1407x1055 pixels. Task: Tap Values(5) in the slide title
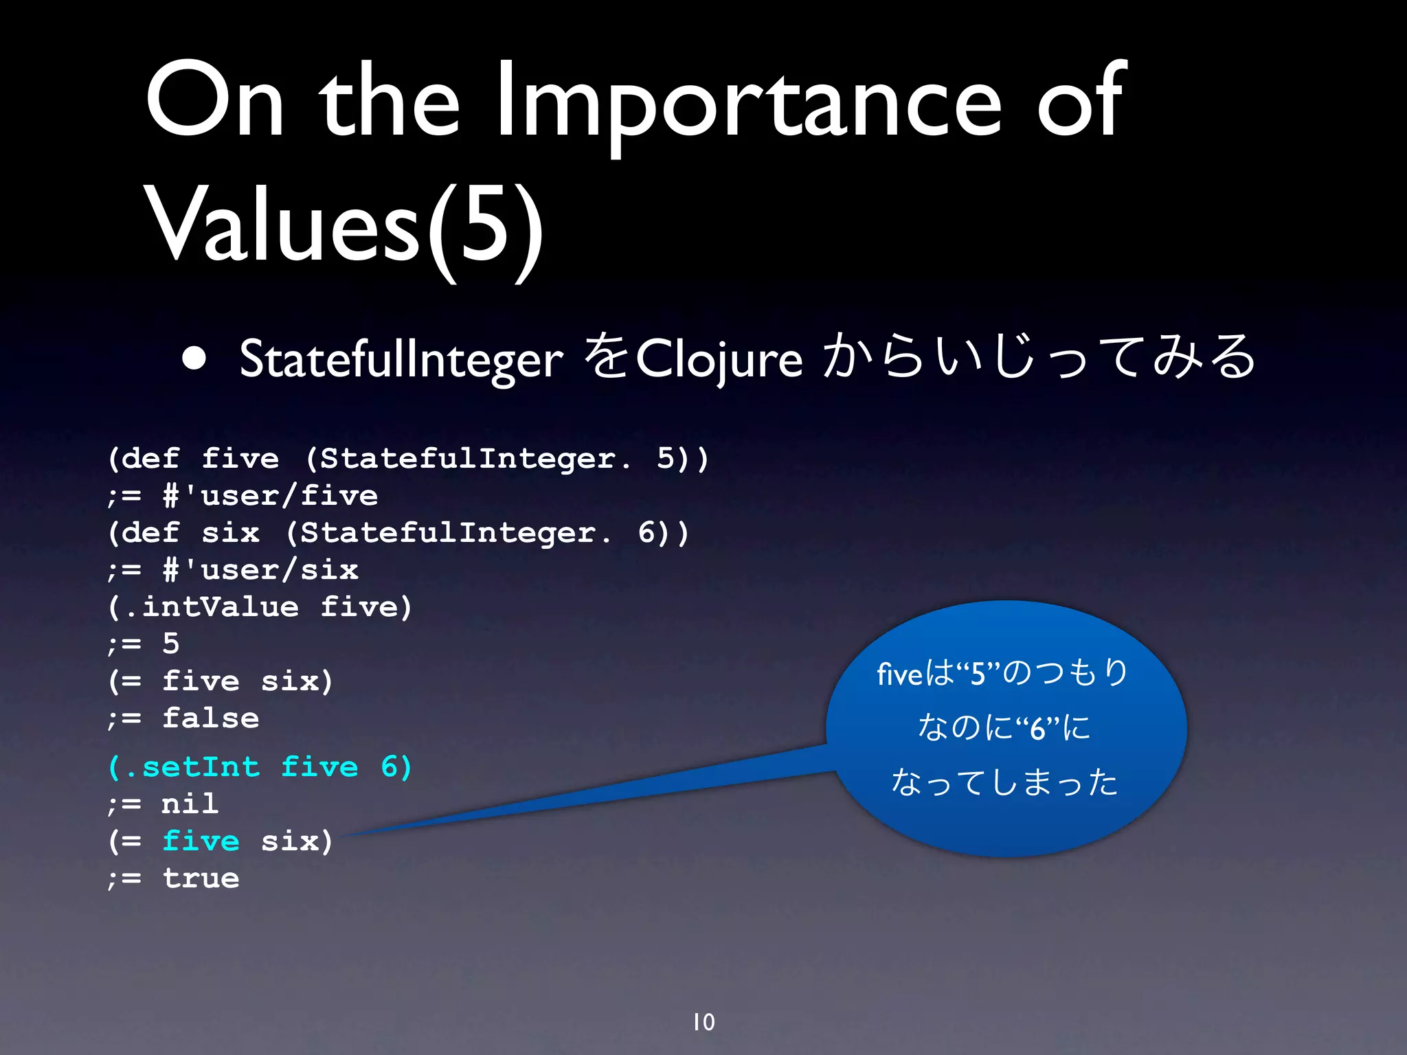tap(344, 227)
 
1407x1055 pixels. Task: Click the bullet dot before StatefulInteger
tap(195, 359)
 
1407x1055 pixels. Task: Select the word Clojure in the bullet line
tap(719, 359)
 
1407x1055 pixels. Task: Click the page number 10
tap(703, 1022)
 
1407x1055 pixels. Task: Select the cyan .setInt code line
tap(260, 767)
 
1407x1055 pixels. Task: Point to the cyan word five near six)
tap(201, 841)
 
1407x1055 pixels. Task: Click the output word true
tap(201, 878)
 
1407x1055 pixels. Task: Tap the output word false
tap(210, 718)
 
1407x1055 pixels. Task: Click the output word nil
tap(190, 804)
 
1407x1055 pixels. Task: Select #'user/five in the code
tap(270, 495)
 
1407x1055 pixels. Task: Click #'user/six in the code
tap(260, 569)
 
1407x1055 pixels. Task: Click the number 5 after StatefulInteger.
tap(666, 458)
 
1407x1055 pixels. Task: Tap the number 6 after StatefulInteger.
tap(646, 532)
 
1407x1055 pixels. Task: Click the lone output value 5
tap(170, 644)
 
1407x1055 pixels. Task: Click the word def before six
tap(150, 532)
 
